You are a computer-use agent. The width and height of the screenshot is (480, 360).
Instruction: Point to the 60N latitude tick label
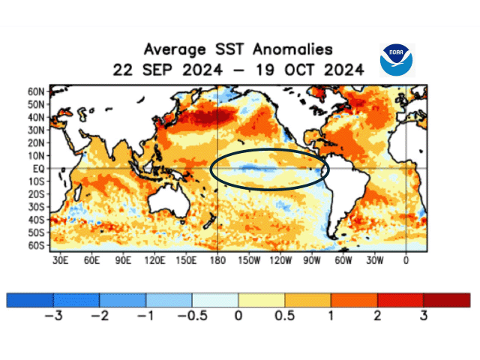pos(37,91)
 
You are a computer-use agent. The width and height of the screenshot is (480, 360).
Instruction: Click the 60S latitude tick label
pos(37,246)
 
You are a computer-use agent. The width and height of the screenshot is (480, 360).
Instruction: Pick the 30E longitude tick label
pos(61,261)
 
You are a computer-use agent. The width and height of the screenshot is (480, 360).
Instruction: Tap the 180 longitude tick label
pos(217,261)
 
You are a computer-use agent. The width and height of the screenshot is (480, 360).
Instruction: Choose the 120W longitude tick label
pos(280,261)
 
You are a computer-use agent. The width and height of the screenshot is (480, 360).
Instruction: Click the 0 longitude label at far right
pos(406,261)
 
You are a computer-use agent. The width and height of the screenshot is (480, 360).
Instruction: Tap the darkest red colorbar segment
pos(447,300)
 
